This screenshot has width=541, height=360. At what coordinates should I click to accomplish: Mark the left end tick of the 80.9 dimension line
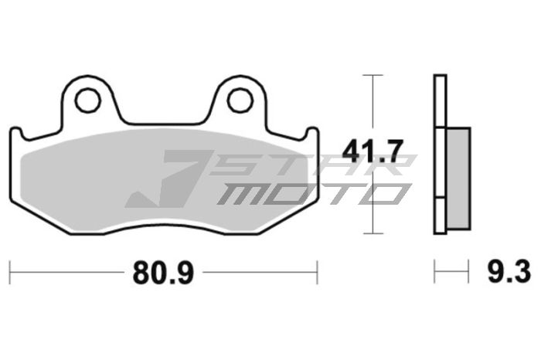click(10, 272)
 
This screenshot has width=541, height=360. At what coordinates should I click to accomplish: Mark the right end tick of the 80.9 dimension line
click(317, 272)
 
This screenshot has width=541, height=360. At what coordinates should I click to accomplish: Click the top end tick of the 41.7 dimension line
click(373, 75)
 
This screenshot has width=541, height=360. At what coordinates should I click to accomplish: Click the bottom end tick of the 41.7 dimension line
click(373, 233)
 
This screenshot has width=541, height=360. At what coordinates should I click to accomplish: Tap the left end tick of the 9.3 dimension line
click(435, 272)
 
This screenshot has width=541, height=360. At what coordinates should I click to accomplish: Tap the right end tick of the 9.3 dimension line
click(469, 272)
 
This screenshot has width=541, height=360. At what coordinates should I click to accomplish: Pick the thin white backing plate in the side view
click(440, 155)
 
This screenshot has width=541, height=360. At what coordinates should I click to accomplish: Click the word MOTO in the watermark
click(309, 193)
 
